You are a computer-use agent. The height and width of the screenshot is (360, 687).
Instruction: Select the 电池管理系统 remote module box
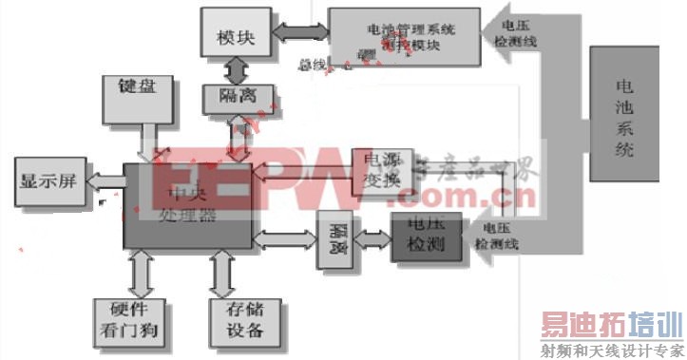coord(403,35)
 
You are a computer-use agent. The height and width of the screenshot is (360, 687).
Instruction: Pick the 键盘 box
coord(140,101)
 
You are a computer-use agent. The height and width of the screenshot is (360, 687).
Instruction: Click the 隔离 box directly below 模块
coord(238,96)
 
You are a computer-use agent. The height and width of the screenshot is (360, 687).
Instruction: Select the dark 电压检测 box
coord(425,236)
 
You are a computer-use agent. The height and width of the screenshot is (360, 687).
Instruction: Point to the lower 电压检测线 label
coord(500,236)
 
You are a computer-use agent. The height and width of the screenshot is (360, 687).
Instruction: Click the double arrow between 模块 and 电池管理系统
coord(300,34)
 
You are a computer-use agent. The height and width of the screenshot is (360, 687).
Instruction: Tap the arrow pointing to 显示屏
coord(105,182)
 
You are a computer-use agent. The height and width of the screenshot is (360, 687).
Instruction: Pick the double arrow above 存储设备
coord(223,274)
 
